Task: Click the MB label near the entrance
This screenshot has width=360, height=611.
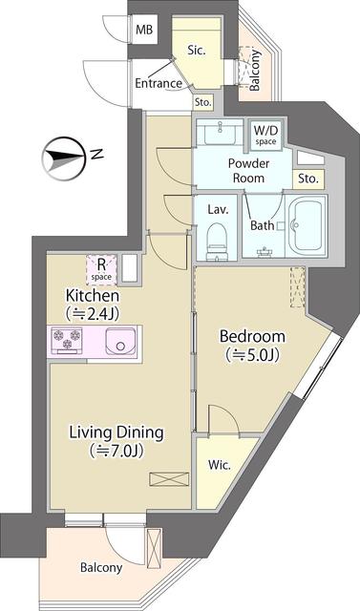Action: click(x=143, y=31)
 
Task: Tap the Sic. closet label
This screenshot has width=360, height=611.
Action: click(x=198, y=49)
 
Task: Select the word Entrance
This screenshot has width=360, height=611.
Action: click(x=159, y=83)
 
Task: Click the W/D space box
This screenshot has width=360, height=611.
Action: click(x=265, y=135)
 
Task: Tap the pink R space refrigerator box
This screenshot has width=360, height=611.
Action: click(x=101, y=269)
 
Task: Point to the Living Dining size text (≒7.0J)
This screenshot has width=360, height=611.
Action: click(x=116, y=450)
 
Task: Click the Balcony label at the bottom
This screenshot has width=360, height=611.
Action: click(x=100, y=567)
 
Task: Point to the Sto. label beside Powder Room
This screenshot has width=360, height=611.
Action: click(x=307, y=178)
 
